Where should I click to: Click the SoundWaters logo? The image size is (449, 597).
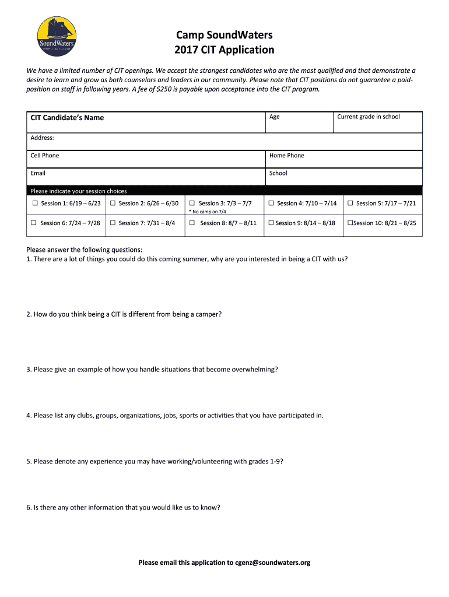pyautogui.click(x=56, y=36)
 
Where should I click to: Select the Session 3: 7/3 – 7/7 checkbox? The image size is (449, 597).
pyautogui.click(x=192, y=203)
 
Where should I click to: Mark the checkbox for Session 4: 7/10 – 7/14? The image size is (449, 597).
pyautogui.click(x=271, y=203)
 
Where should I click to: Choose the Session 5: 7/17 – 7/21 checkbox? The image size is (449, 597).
pyautogui.click(x=350, y=203)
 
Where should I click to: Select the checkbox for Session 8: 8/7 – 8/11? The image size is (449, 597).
pyautogui.click(x=192, y=223)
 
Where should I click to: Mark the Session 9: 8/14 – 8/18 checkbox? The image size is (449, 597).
pyautogui.click(x=271, y=223)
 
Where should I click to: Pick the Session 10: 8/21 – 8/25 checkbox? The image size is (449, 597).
pyautogui.click(x=350, y=223)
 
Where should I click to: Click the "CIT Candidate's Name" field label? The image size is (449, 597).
pyautogui.click(x=67, y=118)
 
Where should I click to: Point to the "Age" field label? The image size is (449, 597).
pyautogui.click(x=275, y=117)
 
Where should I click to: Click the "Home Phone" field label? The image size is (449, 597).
pyautogui.click(x=286, y=156)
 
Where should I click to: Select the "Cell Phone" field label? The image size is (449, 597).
pyautogui.click(x=45, y=156)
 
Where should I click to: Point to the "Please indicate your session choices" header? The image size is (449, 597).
pyautogui.click(x=78, y=191)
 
